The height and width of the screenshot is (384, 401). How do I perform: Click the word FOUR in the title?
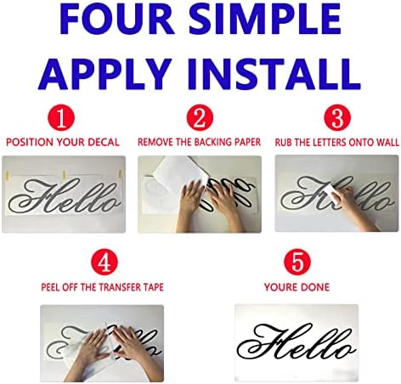click(116, 19)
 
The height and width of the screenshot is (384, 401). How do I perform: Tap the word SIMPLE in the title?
click(265, 19)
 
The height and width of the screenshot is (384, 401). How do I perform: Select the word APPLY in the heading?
click(104, 74)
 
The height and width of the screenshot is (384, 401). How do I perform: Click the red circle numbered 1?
click(61, 118)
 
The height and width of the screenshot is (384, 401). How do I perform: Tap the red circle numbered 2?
click(200, 118)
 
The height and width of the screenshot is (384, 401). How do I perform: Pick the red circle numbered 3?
click(337, 118)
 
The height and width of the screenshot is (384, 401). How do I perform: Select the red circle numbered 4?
click(104, 262)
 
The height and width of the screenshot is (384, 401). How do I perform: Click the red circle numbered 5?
click(297, 262)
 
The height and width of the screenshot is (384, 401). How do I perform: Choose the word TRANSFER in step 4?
click(112, 287)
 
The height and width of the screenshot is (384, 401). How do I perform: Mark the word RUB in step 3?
click(284, 142)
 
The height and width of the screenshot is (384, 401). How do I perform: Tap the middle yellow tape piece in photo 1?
click(64, 174)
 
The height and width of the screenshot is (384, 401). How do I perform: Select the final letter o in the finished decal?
click(346, 349)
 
